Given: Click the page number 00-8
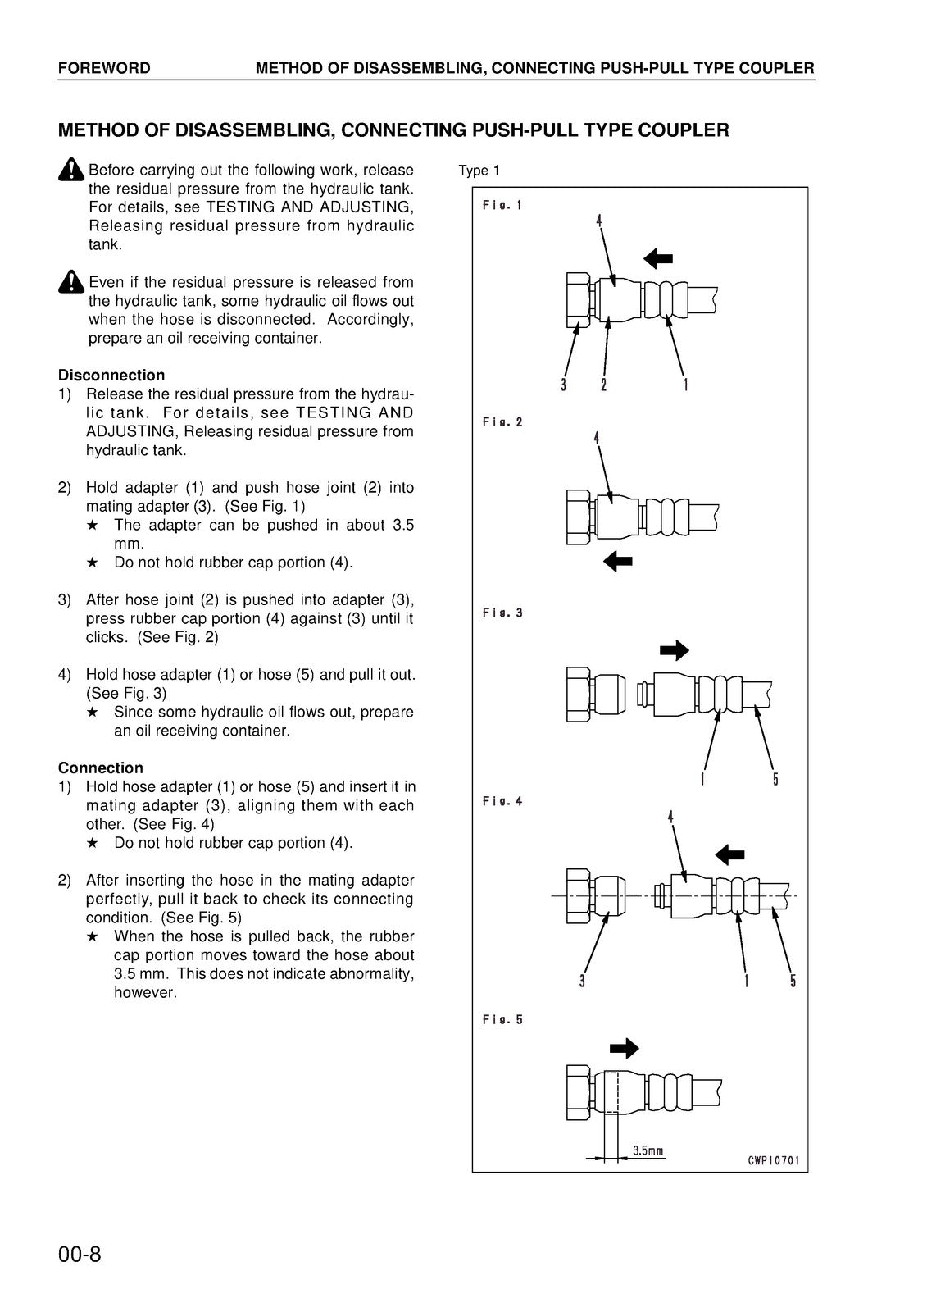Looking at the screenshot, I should point(80,1255).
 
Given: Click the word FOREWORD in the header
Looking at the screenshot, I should point(104,68).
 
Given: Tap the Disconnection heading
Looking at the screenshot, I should point(111,376).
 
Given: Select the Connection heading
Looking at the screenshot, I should point(100,768).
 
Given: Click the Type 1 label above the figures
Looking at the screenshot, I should point(479,171).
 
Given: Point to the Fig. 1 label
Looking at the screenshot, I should point(502,206).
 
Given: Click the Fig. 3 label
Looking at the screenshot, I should point(502,613).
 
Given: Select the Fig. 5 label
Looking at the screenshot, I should point(502,1020).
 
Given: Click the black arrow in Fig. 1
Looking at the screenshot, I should point(657,259).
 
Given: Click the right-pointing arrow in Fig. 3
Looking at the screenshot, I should point(675,651).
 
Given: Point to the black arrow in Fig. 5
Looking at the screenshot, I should point(625,1047).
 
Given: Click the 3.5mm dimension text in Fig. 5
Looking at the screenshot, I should point(648,1150).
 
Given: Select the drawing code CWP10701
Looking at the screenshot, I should point(773,1161).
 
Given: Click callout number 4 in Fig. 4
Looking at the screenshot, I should point(670,818).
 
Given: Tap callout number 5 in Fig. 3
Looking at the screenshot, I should point(775,779).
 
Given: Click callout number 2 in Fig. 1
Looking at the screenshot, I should point(603,385).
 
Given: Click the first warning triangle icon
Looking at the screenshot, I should point(72,170).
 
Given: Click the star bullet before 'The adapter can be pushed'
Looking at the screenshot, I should point(93,526).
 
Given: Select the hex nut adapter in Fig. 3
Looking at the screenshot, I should point(579,695).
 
